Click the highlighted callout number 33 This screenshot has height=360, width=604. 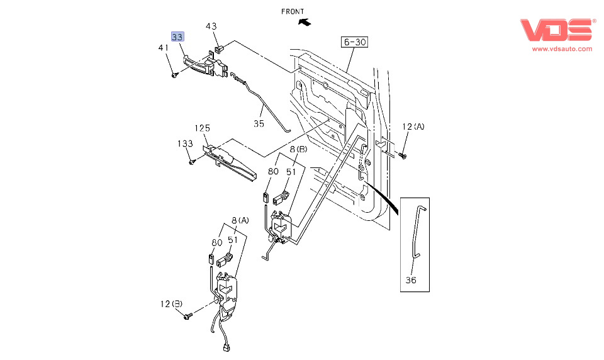pyautogui.click(x=177, y=37)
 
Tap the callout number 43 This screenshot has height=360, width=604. pyautogui.click(x=211, y=26)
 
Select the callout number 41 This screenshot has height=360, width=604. pyautogui.click(x=164, y=48)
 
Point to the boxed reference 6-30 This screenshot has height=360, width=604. pyautogui.click(x=354, y=42)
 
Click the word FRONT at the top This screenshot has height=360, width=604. pyautogui.click(x=293, y=11)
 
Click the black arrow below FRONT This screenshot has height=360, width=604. pyautogui.click(x=305, y=22)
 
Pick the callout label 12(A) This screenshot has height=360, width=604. pyautogui.click(x=413, y=127)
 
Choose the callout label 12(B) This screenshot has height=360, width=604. pyautogui.click(x=171, y=304)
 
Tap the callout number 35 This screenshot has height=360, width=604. pyautogui.click(x=259, y=123)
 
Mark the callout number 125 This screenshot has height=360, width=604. pyautogui.click(x=202, y=128)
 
